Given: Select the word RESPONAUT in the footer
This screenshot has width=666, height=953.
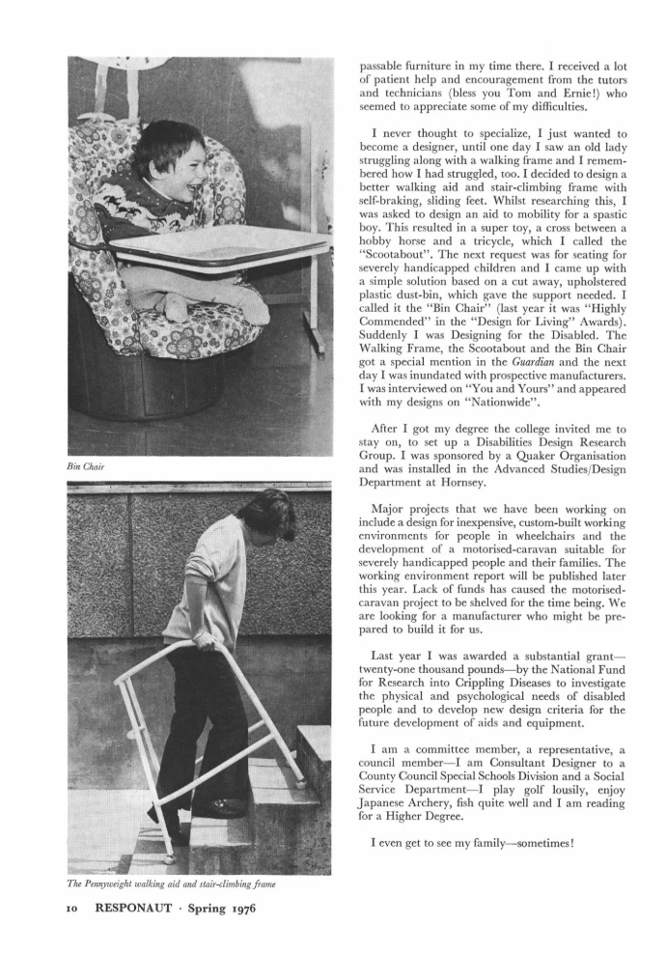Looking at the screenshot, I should click(134, 909).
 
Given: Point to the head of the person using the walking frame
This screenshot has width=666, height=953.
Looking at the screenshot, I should click(267, 515).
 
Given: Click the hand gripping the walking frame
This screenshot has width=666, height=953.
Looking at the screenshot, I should click(205, 639).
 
